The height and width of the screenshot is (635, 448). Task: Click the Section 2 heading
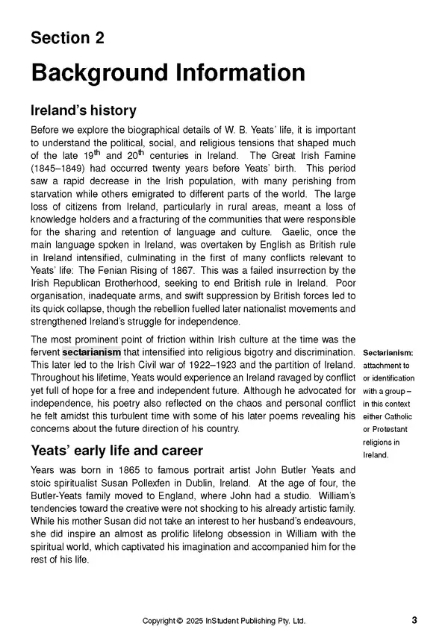tap(67, 39)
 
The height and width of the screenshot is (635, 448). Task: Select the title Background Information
tap(167, 73)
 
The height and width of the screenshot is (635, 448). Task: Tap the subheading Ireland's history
tap(83, 110)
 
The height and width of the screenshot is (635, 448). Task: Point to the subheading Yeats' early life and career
tap(116, 451)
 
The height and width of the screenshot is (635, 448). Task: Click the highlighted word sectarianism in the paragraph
tap(91, 351)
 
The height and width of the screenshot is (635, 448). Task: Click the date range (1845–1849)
tap(62, 168)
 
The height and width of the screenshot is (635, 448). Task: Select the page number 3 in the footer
tap(414, 620)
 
